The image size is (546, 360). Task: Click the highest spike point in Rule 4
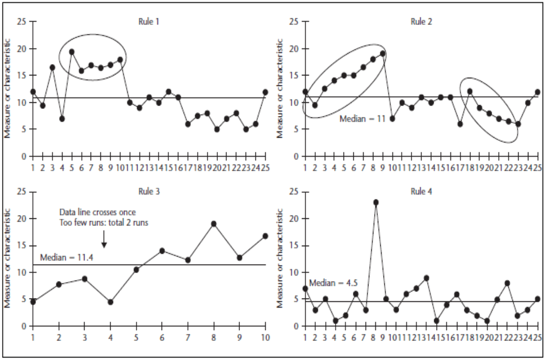click(x=375, y=202)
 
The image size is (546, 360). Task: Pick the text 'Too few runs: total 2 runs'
click(x=104, y=223)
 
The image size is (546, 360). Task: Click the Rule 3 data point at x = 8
click(x=214, y=224)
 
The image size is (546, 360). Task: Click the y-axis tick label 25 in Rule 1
click(x=22, y=22)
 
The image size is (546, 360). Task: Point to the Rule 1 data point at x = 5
click(x=72, y=52)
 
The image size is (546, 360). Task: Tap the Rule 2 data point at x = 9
click(x=382, y=54)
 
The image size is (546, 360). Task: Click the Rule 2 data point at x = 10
click(x=392, y=118)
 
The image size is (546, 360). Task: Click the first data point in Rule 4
click(x=306, y=288)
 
